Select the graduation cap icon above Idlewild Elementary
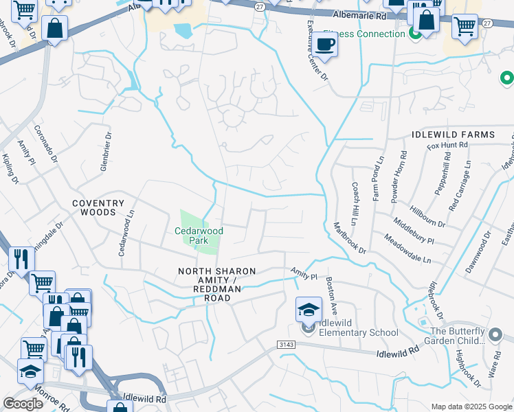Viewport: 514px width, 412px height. click(x=309, y=310)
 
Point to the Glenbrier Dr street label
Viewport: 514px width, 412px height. click(x=105, y=152)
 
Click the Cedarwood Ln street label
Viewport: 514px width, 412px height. click(x=124, y=234)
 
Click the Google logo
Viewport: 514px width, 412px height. click(x=23, y=404)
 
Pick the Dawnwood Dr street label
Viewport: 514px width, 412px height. click(x=478, y=251)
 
